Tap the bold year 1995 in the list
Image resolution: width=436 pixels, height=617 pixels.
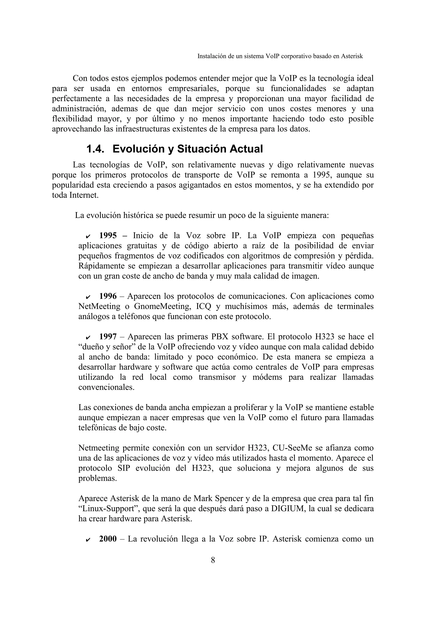(108, 236)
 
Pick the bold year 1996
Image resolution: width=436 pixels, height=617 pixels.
(108, 296)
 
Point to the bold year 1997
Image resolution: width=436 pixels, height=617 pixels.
(108, 337)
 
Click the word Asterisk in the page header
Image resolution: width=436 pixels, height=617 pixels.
(352, 56)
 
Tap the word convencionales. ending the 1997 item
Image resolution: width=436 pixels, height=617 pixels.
(106, 387)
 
